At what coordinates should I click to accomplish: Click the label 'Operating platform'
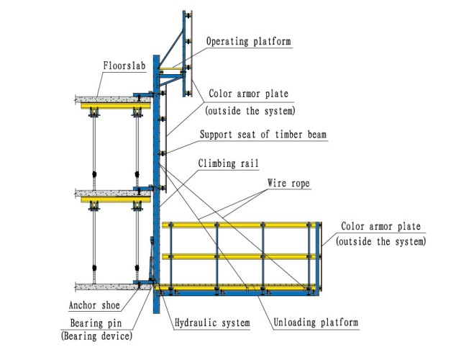pos(248,42)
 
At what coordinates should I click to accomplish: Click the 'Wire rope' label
pos(288,184)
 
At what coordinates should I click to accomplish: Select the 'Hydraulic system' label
pos(212,323)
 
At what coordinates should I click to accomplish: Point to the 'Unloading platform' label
pos(314,323)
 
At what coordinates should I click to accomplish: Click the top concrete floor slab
pos(108,98)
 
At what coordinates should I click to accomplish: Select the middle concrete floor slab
pos(108,193)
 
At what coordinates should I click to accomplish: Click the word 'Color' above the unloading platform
pos(353,227)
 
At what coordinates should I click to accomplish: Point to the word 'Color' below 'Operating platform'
pos(219,94)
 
